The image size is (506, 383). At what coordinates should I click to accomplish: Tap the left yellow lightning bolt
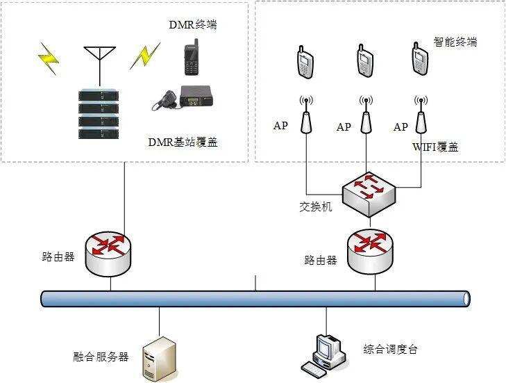click(x=49, y=58)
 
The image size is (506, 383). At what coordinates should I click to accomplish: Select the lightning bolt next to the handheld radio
click(x=144, y=56)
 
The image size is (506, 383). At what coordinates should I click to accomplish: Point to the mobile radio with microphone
click(x=182, y=98)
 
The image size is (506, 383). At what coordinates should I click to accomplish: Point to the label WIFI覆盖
click(x=435, y=147)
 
